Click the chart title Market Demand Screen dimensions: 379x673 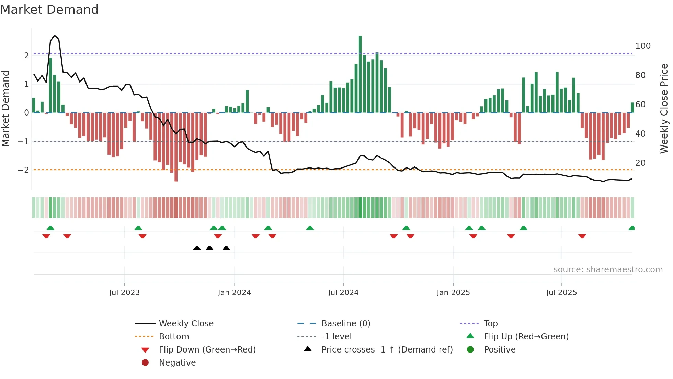tap(49, 10)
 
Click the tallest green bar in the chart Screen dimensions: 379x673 tap(360, 74)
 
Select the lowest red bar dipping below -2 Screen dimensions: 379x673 tap(176, 147)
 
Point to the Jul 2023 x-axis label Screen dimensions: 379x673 tap(124, 293)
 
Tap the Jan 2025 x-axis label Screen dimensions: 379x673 tap(453, 293)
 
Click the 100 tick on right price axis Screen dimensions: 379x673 tap(643, 46)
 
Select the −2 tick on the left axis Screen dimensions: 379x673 tap(24, 170)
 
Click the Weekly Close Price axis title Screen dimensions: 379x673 tap(664, 108)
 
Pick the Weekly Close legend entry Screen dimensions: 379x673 tap(186, 324)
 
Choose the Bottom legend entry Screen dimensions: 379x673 tap(174, 337)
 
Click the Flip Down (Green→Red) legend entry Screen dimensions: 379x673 tap(207, 350)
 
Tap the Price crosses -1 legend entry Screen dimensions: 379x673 tap(387, 350)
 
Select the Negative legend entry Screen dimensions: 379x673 tap(177, 363)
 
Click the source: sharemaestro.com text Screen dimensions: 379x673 tap(608, 270)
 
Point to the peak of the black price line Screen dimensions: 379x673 tap(55, 36)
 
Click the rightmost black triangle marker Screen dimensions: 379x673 tap(226, 248)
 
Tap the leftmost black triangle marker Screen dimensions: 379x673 tap(197, 248)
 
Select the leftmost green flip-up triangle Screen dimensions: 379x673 tap(50, 228)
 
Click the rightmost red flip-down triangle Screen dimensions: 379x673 tap(582, 236)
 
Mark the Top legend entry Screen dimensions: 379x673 tap(491, 324)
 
